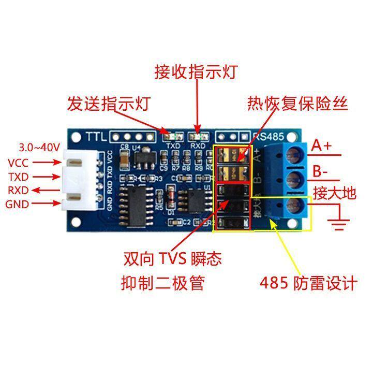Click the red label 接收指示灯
click(x=196, y=71)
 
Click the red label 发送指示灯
click(x=108, y=103)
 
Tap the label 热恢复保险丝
click(x=297, y=103)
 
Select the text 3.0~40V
click(x=39, y=147)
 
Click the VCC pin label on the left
click(x=18, y=163)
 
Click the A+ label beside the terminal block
click(x=321, y=146)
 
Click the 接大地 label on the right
click(x=335, y=194)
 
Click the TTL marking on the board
click(x=96, y=137)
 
